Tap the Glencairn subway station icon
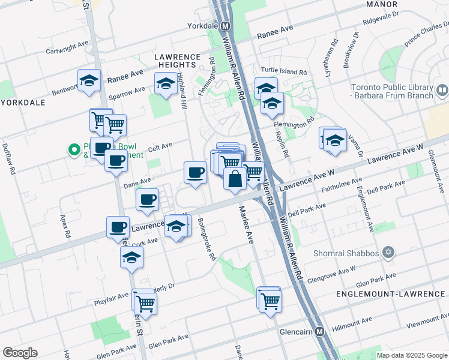[319, 331]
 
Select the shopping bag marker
[235, 179]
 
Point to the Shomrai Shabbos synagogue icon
[388, 253]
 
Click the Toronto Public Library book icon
[442, 90]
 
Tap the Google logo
[20, 353]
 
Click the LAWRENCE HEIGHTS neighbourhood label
[177, 62]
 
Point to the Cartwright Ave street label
[67, 47]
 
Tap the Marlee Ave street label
[247, 224]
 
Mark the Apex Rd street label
[64, 224]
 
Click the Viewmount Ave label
[427, 324]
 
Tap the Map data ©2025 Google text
[411, 355]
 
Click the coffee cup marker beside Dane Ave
[194, 173]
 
